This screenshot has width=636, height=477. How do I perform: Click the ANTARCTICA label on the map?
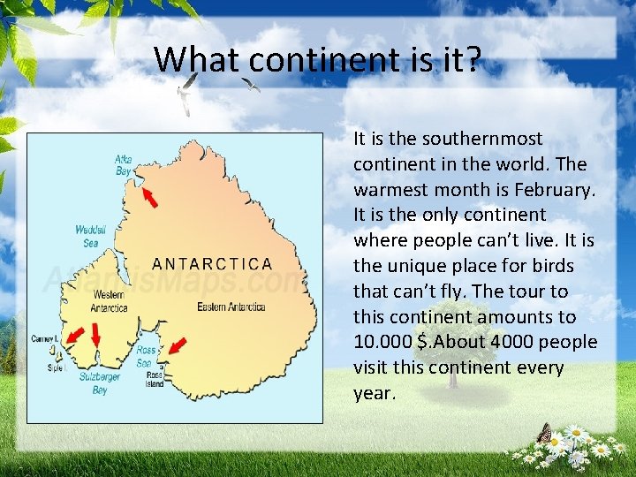(x=212, y=263)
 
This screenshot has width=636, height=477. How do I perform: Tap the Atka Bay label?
(x=124, y=164)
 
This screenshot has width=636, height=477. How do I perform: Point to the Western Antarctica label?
(x=109, y=301)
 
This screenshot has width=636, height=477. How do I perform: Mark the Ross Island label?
(x=154, y=379)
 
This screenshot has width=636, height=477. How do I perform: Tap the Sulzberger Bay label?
(x=100, y=382)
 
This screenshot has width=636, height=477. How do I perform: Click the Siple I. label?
(x=57, y=367)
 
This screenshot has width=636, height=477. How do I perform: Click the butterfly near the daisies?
(x=545, y=433)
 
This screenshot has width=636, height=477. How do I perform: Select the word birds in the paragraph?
(x=552, y=266)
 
